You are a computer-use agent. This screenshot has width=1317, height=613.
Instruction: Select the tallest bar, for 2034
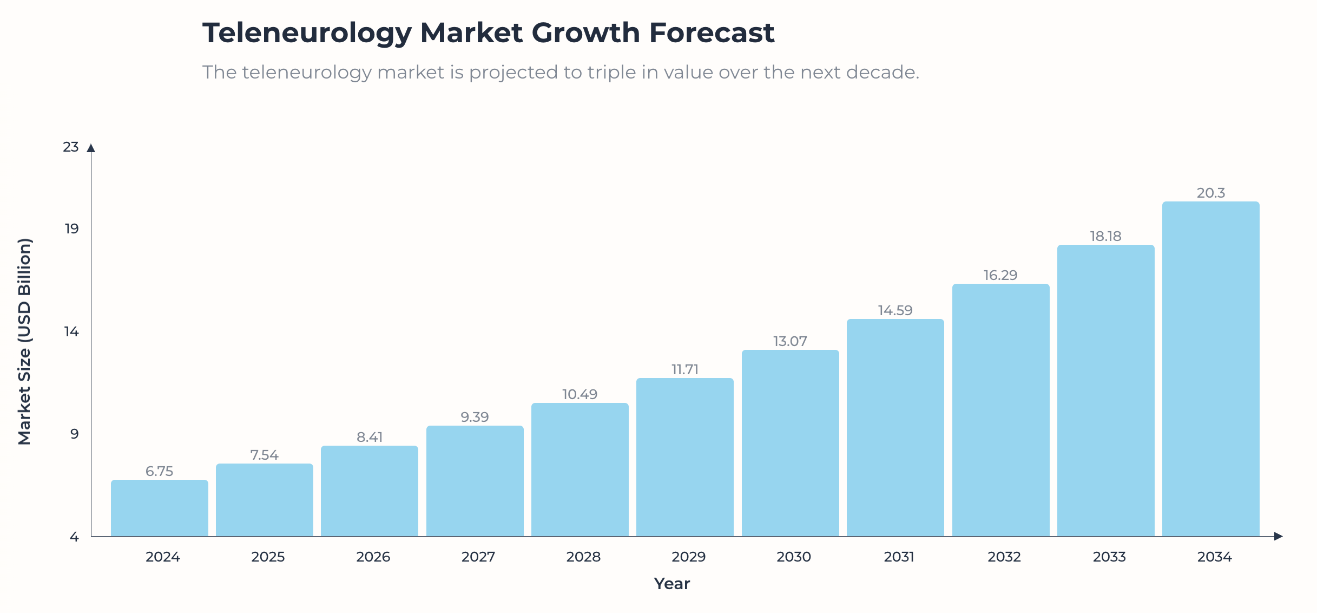(1210, 369)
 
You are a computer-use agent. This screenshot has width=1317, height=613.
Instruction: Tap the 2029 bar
(684, 457)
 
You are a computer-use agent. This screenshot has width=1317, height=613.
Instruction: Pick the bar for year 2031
(895, 428)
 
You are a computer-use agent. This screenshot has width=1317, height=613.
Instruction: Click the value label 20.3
(1210, 193)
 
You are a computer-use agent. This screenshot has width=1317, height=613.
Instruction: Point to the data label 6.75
(159, 471)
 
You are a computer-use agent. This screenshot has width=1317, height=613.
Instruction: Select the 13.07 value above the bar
(790, 341)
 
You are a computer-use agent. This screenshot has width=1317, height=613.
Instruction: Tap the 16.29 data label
(1000, 275)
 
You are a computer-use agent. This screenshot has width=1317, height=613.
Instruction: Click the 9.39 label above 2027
(475, 417)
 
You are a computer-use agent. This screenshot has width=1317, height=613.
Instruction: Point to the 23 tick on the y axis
(71, 147)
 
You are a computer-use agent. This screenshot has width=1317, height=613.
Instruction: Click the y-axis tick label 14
(71, 331)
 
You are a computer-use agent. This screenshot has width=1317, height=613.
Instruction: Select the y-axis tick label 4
(74, 537)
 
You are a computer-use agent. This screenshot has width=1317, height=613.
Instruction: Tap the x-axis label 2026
(373, 557)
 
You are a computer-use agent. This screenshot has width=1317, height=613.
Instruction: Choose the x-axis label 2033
(1109, 557)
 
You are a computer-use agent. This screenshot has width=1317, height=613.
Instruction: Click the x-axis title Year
(671, 583)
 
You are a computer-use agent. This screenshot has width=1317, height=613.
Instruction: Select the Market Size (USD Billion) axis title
(25, 341)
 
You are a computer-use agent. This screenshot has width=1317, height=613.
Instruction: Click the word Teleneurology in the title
(307, 32)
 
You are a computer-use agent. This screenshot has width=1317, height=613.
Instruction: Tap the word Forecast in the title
(711, 32)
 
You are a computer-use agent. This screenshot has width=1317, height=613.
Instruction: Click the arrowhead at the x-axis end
(1278, 536)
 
